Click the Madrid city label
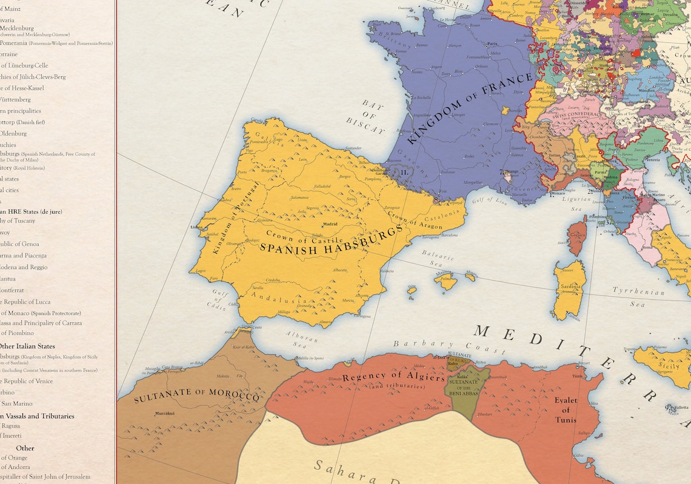click(330, 224)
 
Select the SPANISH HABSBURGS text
click(332, 240)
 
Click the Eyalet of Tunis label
click(565, 410)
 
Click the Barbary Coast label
click(450, 346)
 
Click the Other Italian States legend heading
click(27, 346)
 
